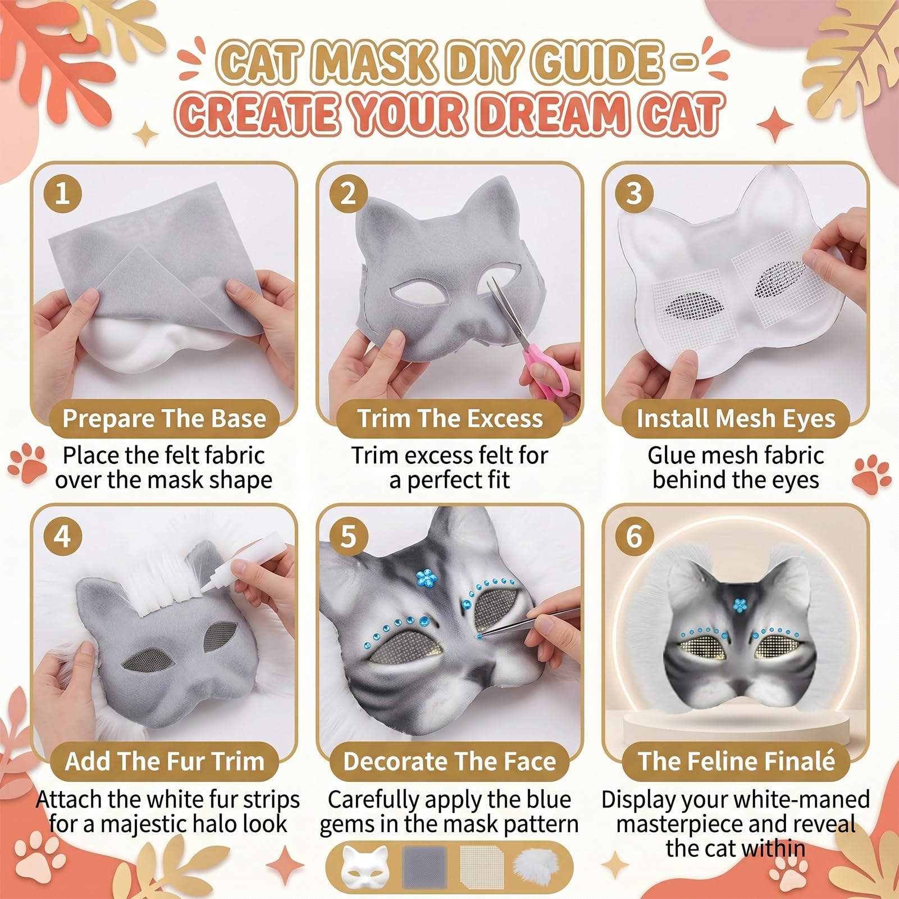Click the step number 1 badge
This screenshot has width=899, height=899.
(x=62, y=194)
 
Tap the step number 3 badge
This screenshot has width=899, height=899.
(x=634, y=194)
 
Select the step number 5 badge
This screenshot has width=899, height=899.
(x=348, y=536)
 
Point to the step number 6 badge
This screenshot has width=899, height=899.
(x=634, y=536)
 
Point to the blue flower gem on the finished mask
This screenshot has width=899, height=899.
(x=740, y=605)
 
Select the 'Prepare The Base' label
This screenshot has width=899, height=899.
(x=164, y=419)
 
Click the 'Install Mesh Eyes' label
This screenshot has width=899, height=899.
(x=736, y=419)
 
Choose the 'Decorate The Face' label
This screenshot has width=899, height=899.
(x=449, y=761)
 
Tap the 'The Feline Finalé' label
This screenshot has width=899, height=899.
(x=736, y=761)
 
